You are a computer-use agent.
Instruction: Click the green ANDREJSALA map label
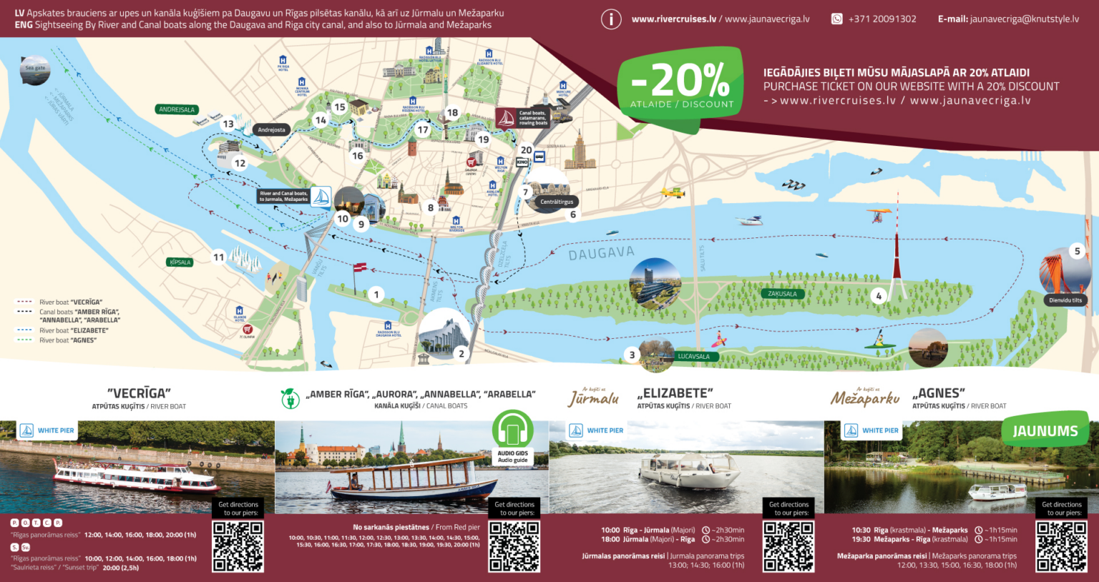tap(177, 109)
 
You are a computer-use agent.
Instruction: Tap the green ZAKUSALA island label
tap(782, 294)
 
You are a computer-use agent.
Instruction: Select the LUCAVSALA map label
tap(693, 356)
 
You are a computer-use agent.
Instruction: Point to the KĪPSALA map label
tap(180, 262)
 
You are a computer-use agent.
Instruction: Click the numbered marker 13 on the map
tap(228, 124)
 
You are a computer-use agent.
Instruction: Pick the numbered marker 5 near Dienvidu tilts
tap(1077, 251)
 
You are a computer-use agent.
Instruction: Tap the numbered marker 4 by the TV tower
tap(879, 295)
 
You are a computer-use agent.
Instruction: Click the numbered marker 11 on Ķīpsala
tap(219, 257)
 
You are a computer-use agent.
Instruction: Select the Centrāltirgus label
tap(556, 202)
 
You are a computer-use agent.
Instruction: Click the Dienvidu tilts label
tap(1065, 300)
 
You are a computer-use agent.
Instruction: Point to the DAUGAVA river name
tap(601, 253)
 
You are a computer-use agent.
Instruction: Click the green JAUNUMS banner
tap(1045, 430)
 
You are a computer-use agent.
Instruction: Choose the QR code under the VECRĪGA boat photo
tap(238, 546)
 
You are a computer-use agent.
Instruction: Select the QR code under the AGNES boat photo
tap(1062, 546)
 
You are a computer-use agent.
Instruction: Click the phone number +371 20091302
tap(881, 19)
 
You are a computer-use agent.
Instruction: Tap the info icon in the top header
tap(610, 19)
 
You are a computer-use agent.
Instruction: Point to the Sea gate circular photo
tap(34, 70)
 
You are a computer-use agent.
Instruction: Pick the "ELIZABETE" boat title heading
tap(675, 393)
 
